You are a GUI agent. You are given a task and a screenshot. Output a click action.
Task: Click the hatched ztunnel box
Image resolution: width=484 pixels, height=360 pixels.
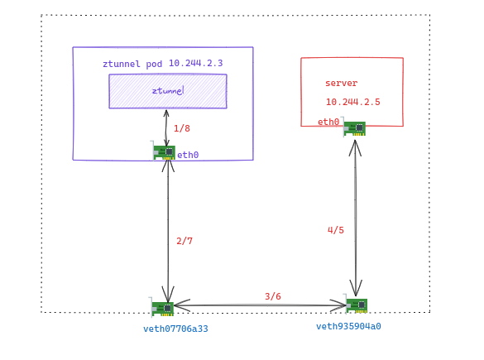point(168,91)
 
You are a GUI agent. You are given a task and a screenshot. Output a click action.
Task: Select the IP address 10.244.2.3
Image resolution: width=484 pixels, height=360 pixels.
point(196,63)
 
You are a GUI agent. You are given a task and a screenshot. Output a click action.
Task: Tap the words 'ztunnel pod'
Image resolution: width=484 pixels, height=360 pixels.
point(132,64)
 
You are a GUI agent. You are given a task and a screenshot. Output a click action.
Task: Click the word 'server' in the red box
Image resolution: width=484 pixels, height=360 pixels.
point(342,83)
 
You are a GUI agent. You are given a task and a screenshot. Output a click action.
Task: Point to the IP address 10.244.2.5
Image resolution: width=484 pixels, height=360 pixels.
point(353,102)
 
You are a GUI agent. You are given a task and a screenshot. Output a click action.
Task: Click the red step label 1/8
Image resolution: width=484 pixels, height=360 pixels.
point(182,128)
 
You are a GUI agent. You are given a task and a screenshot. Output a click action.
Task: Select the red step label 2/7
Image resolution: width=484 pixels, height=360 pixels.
point(184,241)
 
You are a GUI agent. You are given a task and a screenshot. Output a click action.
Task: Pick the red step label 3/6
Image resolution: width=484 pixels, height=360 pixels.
point(273,296)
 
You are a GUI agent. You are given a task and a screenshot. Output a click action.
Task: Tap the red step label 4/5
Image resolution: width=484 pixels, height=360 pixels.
point(336,230)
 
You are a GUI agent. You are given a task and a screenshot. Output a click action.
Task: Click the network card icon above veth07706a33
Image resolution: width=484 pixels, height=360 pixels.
point(161,308)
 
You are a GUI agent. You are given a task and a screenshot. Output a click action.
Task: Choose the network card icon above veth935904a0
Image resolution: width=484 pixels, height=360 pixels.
point(356,305)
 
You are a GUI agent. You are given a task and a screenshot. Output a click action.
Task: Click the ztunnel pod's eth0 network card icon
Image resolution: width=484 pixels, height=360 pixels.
point(163,151)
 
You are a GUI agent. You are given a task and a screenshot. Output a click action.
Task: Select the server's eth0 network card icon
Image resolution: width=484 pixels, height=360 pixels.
point(354,127)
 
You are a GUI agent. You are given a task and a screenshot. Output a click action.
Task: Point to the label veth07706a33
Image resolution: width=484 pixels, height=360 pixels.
point(175,329)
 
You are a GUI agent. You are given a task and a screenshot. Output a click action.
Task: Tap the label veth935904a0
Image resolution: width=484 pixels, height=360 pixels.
point(348,326)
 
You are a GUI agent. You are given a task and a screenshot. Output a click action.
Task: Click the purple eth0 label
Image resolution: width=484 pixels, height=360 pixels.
point(188,155)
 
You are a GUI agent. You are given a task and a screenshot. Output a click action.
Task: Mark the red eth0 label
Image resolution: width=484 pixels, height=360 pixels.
point(328,122)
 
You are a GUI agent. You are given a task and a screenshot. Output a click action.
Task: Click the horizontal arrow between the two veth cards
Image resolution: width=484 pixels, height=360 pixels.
point(260,305)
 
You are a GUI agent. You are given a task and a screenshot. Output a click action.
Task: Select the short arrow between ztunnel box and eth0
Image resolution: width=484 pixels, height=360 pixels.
point(166,128)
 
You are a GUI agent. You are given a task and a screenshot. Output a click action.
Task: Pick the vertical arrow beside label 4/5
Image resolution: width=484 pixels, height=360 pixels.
point(356,218)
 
